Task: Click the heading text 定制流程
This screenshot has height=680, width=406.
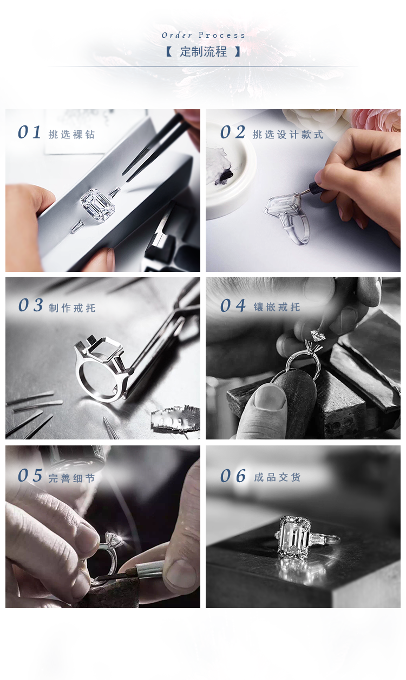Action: click(203, 51)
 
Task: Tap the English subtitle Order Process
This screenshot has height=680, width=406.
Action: click(203, 35)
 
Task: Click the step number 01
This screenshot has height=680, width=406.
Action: click(29, 132)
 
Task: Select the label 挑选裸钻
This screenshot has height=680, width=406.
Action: click(72, 135)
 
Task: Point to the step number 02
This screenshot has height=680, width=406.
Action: click(233, 132)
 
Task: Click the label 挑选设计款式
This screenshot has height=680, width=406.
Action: click(288, 135)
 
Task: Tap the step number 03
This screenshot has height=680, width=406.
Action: click(30, 305)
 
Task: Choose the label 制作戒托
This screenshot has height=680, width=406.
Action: click(73, 308)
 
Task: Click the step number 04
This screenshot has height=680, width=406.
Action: click(233, 305)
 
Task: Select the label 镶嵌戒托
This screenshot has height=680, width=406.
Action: click(277, 307)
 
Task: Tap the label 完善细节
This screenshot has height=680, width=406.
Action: click(72, 478)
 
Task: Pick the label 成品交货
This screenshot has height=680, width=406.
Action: click(277, 477)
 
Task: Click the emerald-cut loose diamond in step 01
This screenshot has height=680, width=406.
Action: click(98, 205)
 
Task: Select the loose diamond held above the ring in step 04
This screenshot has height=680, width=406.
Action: click(317, 335)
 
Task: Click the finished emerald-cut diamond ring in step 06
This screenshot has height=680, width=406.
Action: click(304, 538)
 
